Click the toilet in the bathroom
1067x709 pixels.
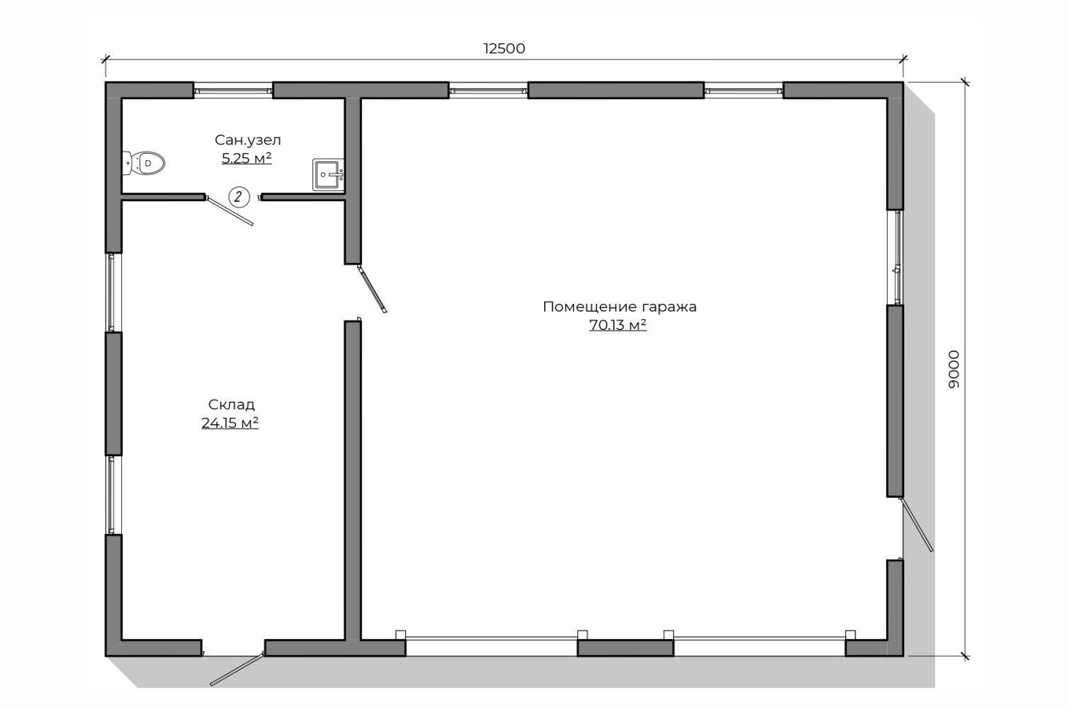pos(143,163)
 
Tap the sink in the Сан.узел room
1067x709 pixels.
pos(328,175)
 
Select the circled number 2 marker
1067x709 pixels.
pos(239,197)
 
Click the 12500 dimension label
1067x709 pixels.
pos(504,49)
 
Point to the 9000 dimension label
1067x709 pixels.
pos(954,370)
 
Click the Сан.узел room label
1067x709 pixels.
pos(248,140)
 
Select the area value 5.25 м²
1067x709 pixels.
pos(247,158)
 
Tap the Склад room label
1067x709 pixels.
pos(232,404)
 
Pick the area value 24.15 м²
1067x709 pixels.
pos(230,423)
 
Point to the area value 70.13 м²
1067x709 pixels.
pos(618,325)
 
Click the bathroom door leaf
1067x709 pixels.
pos(230,210)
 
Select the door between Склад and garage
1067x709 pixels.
pos(372,290)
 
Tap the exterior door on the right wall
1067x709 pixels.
pos(916,525)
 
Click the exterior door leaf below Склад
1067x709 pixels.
pos(237,669)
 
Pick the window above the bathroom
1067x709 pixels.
pos(233,90)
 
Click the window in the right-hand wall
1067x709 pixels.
pos(895,257)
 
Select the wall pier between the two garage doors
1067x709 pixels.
pos(626,648)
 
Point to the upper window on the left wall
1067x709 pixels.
pos(113,293)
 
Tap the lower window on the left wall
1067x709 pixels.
pos(113,494)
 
